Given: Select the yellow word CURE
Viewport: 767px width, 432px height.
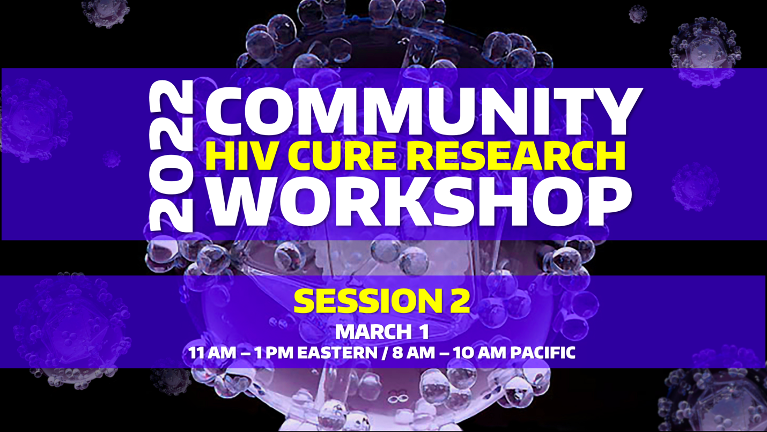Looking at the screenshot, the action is [342, 156].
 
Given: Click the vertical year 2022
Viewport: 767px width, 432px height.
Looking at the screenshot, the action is [171, 156].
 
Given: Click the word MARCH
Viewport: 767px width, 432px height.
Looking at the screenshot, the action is [373, 331].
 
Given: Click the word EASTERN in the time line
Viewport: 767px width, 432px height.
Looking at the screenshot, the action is [337, 353].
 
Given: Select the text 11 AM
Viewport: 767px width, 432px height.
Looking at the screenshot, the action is [212, 353].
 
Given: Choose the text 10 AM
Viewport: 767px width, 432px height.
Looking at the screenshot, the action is [481, 353].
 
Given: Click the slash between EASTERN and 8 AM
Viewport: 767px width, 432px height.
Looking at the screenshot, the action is [385, 353].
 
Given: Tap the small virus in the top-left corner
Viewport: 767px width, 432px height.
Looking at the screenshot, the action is [106, 13].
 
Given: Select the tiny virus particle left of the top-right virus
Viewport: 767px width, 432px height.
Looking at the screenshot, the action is [638, 14].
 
